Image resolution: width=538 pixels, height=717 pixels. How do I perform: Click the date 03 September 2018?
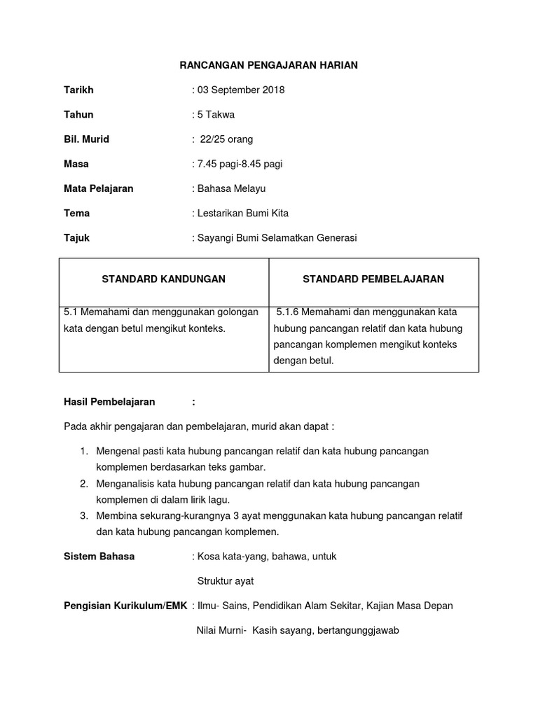[240, 90]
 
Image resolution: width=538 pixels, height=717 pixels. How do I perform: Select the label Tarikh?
[78, 90]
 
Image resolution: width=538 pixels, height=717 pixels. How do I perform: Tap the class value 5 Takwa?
[216, 114]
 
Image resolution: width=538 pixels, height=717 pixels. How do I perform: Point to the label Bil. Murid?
[86, 139]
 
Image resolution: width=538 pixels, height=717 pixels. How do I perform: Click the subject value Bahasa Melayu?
[232, 188]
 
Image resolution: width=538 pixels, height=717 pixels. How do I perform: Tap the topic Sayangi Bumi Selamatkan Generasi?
[277, 237]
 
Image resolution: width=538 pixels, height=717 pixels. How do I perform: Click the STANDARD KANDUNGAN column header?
[164, 279]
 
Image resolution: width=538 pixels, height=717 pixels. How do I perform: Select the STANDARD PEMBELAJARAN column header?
[373, 279]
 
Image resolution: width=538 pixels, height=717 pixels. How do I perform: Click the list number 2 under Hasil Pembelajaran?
[83, 484]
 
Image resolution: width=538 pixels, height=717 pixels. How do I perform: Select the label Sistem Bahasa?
[99, 557]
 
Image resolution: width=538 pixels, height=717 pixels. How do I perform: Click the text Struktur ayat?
[226, 581]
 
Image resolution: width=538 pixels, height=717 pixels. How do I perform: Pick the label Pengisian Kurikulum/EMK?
[125, 606]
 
